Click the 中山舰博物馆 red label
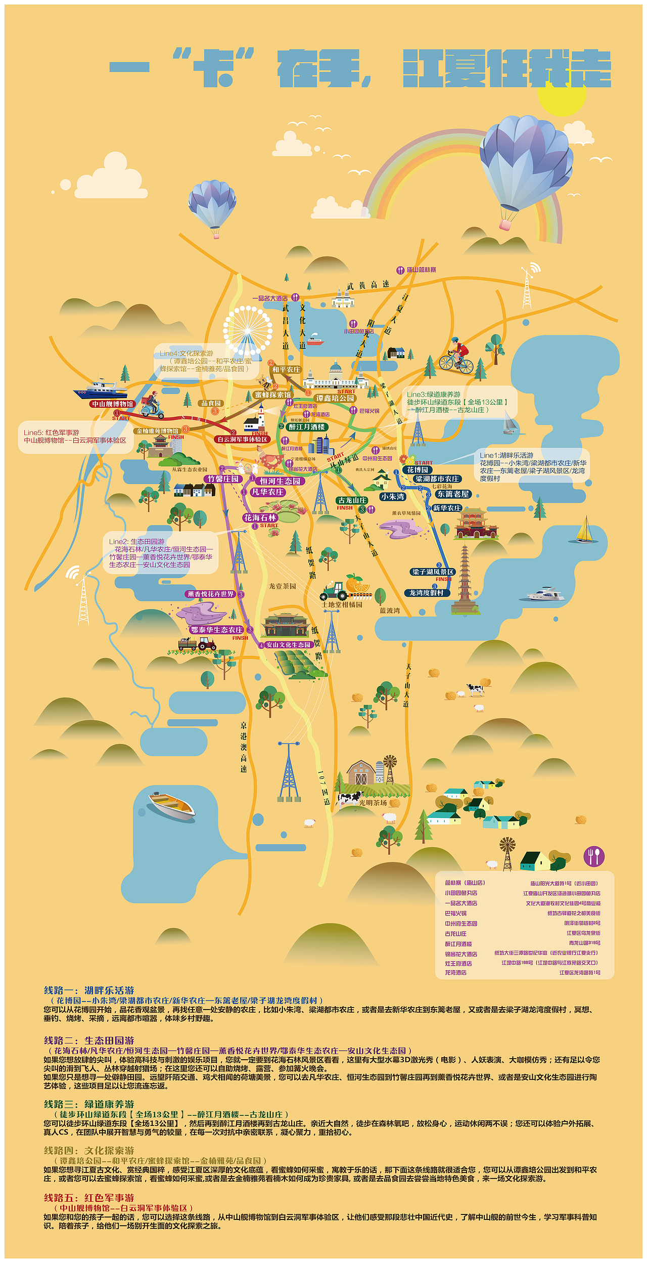point(113,404)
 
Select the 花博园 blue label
point(418,470)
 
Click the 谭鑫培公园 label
point(336,399)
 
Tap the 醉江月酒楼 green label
point(307,427)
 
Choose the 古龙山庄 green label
point(352,500)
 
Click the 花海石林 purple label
point(260,518)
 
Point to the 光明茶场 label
point(373,803)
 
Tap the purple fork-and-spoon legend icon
point(594,856)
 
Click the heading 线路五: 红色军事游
point(89,1198)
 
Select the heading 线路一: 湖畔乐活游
point(89,990)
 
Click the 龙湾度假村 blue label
point(426,593)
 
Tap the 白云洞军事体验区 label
point(242,440)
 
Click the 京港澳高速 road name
point(244,747)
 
